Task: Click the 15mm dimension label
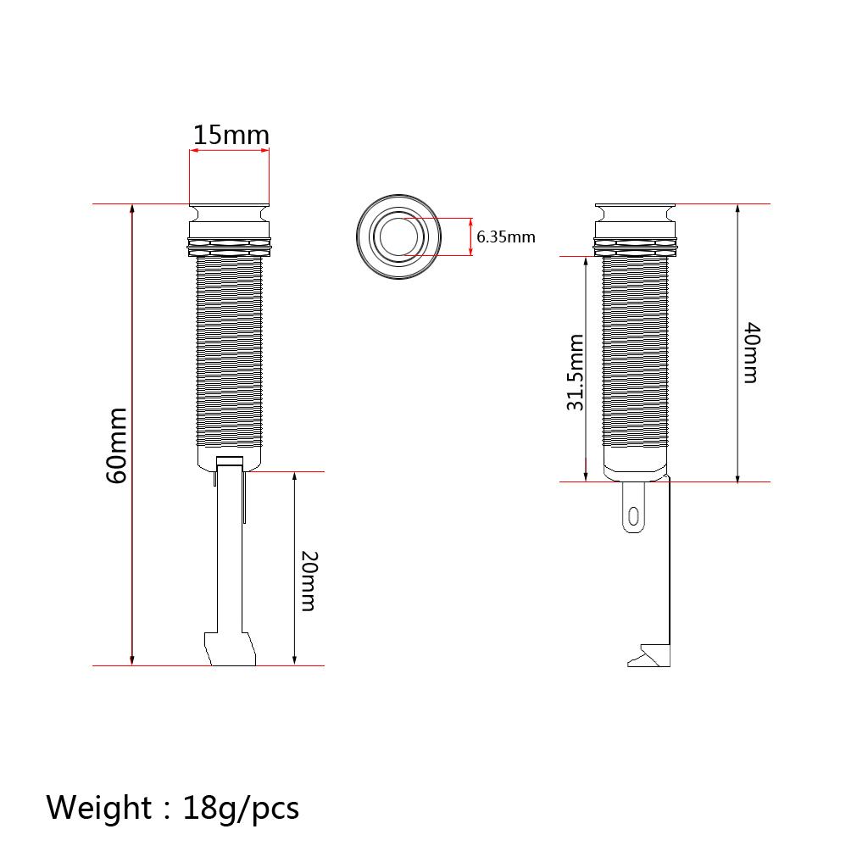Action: pos(231,135)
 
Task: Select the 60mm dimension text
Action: pos(117,446)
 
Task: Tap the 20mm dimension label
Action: pos(309,581)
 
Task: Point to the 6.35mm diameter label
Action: pos(506,237)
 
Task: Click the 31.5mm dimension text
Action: pos(576,373)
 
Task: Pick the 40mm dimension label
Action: pos(751,353)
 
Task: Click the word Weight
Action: pos(98,808)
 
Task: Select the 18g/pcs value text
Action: pos(241,809)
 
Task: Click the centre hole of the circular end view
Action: pos(398,237)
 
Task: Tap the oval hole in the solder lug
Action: pos(634,517)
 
